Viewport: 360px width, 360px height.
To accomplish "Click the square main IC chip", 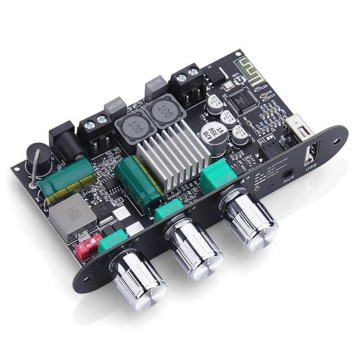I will point(242,101).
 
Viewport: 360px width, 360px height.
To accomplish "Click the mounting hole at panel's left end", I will point(85,279).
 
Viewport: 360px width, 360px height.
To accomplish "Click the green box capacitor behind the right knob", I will point(218,175).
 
